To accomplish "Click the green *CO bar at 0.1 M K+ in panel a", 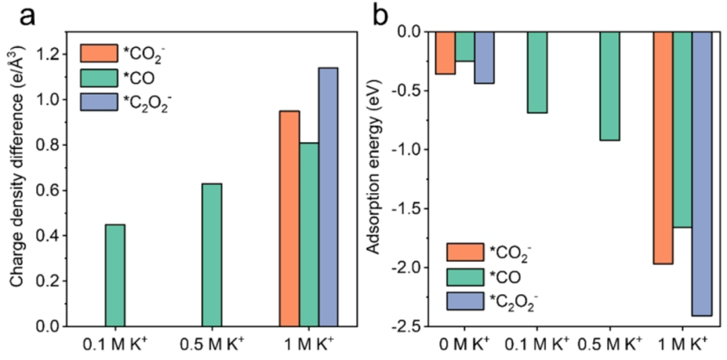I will tap(114, 275).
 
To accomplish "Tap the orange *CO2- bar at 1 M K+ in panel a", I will tap(289, 218).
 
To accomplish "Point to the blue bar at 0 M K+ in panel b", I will tap(484, 57).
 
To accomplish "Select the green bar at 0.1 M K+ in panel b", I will tap(536, 72).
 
